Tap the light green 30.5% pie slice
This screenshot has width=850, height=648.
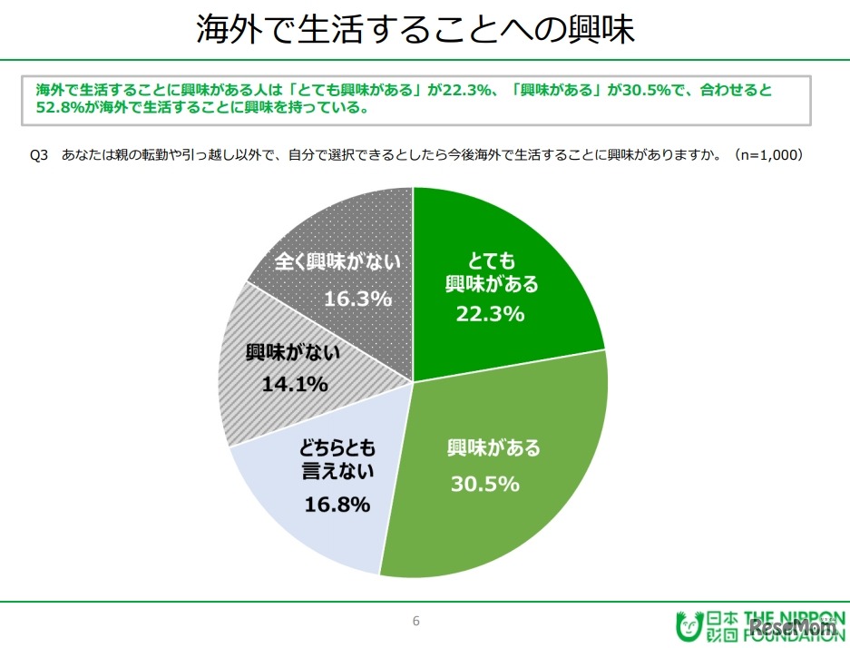(x=508, y=508)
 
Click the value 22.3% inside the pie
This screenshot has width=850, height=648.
(x=491, y=314)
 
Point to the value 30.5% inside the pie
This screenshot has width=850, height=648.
(x=484, y=484)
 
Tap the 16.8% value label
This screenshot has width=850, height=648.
(x=336, y=504)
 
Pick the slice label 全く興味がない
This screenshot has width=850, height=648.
(x=338, y=263)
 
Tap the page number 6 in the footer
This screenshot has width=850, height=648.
(x=415, y=622)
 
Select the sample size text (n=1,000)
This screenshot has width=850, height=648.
(x=769, y=155)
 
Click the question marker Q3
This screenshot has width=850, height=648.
(x=38, y=155)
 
